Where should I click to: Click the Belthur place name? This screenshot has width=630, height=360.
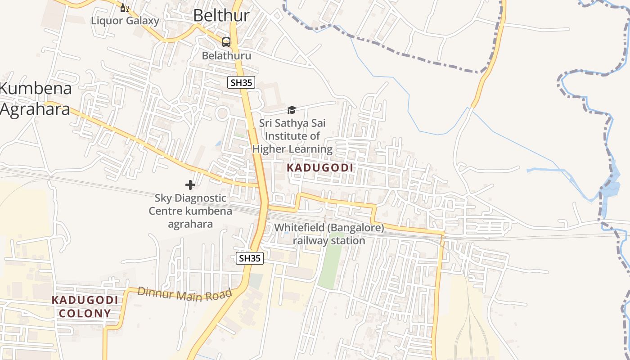tap(221, 15)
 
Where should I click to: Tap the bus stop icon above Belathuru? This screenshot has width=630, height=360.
tap(226, 42)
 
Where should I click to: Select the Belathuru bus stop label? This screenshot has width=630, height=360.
tap(226, 55)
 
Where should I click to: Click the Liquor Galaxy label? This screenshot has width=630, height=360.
tap(125, 21)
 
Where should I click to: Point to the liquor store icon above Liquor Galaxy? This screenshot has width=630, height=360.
tap(125, 8)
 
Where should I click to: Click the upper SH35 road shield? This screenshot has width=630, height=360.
tap(241, 82)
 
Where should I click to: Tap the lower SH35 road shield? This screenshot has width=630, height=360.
tap(250, 258)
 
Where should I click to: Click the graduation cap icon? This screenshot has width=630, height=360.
tap(292, 110)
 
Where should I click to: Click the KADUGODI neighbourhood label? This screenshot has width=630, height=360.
tap(320, 168)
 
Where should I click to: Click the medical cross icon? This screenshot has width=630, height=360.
tap(190, 184)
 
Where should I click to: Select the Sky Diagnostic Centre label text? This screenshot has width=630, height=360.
tap(190, 211)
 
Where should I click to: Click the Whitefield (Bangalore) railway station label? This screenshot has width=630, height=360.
tap(329, 234)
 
